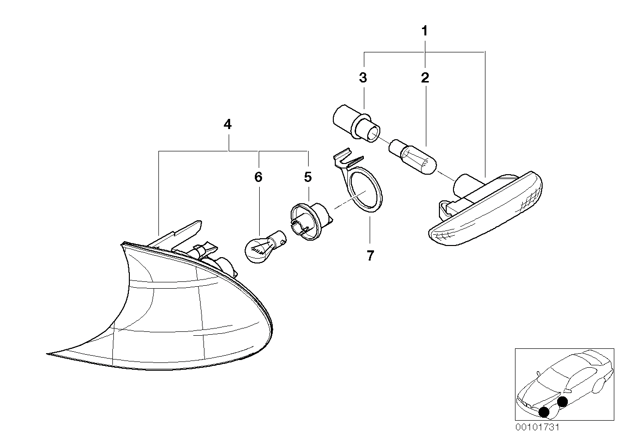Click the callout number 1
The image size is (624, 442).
(x=424, y=32)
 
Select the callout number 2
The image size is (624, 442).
(x=425, y=78)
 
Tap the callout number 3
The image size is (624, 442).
(x=363, y=78)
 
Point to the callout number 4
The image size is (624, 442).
(x=227, y=125)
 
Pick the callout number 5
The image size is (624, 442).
(x=308, y=177)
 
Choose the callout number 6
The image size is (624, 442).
(x=258, y=177)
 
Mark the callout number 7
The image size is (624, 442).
(x=370, y=256)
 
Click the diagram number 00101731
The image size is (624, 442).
(x=537, y=428)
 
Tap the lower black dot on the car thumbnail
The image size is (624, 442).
(x=544, y=412)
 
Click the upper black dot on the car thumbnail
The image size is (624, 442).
(x=562, y=401)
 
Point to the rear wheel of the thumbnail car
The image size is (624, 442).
(x=598, y=386)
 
